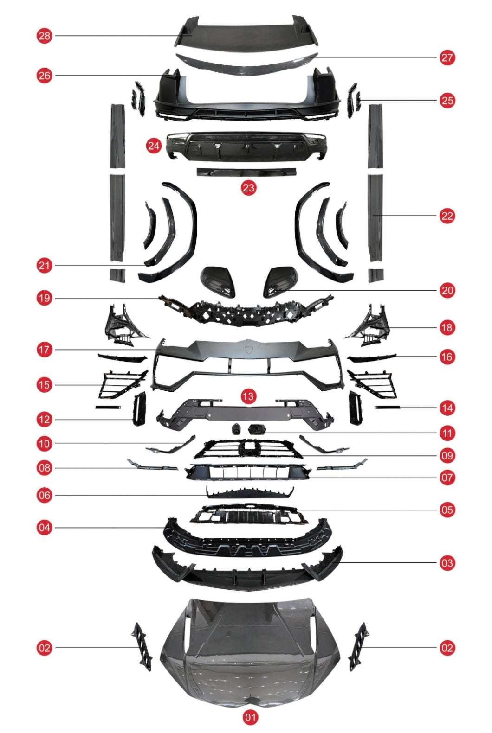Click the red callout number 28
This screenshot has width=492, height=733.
(44, 36)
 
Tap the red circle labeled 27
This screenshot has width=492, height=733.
(447, 57)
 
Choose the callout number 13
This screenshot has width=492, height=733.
(248, 396)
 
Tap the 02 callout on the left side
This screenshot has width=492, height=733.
(44, 648)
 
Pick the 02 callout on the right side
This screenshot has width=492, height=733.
(447, 648)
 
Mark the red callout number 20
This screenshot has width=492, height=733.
(447, 290)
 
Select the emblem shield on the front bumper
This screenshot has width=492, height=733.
(248, 350)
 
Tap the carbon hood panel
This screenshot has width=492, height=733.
(250, 655)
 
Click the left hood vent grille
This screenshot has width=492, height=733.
(143, 647)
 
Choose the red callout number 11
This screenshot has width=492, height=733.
(447, 433)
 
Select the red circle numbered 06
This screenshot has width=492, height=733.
(44, 495)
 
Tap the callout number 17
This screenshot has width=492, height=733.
(44, 350)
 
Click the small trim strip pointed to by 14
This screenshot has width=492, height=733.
(388, 407)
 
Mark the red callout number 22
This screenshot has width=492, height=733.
(447, 216)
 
